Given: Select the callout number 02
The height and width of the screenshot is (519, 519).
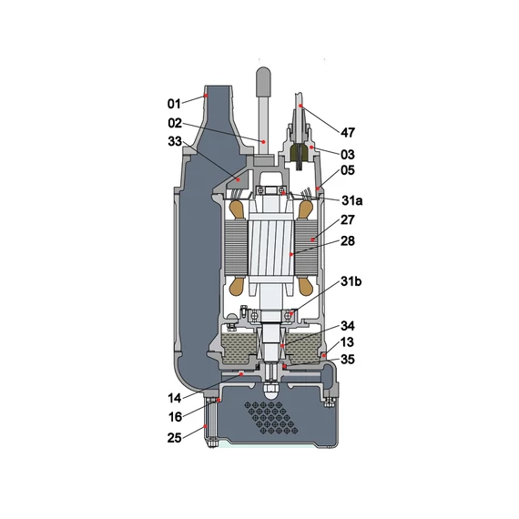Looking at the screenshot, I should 175,122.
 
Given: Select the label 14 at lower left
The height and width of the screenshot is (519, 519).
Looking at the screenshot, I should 175,398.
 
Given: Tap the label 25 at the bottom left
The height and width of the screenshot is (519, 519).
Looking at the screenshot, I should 175,438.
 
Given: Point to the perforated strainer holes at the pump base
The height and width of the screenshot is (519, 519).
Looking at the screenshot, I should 272,417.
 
